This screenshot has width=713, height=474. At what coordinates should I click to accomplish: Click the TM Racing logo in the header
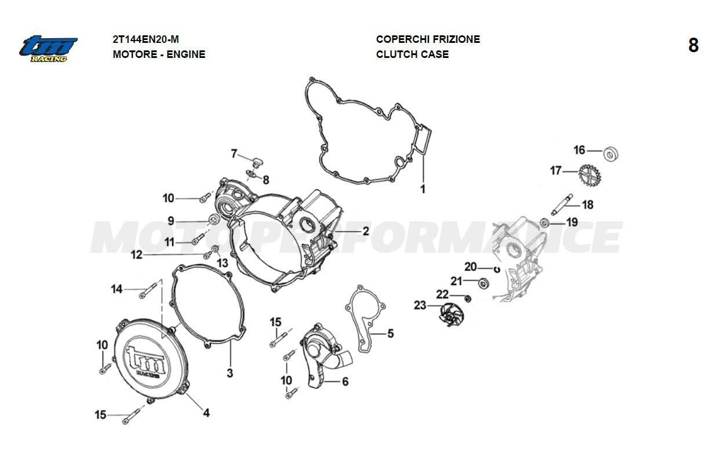48,48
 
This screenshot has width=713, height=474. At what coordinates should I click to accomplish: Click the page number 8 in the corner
693,46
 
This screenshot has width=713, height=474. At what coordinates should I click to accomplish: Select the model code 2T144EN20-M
145,39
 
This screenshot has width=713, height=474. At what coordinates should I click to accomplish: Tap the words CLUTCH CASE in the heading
412,54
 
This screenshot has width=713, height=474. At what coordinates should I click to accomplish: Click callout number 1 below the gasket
423,189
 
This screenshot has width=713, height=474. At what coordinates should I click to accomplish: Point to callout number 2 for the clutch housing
366,231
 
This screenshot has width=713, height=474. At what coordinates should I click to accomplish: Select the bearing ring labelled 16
611,155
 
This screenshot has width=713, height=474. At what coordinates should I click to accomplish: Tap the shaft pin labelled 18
562,204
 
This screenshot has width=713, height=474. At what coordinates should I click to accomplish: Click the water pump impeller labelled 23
452,315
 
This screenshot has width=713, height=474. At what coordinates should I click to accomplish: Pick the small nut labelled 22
468,299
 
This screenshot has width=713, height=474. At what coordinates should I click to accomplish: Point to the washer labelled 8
252,174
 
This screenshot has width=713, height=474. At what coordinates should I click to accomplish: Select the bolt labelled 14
148,291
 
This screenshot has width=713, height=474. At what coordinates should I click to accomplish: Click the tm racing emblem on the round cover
145,362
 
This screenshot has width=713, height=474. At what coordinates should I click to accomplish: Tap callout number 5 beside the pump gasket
391,333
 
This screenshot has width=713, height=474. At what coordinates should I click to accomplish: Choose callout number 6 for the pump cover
345,381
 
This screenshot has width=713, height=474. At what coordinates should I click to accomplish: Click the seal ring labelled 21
484,283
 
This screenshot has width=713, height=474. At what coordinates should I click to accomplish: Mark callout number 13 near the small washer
223,263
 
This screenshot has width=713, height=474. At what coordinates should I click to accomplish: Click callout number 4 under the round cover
206,413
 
